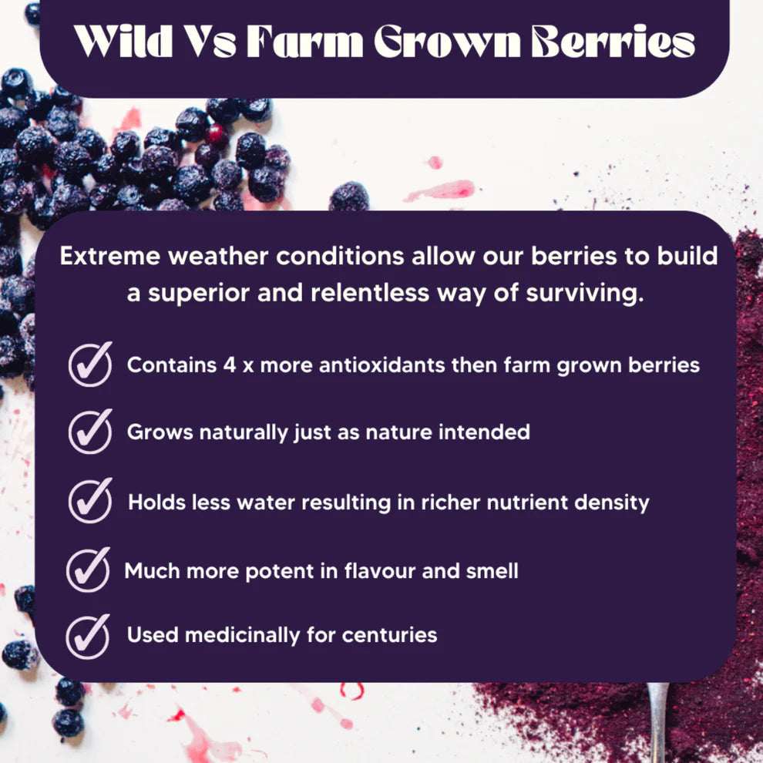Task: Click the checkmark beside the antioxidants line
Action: [90, 364]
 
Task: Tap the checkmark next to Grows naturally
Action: [90, 432]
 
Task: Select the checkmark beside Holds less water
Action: [90, 501]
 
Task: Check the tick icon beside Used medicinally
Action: [88, 636]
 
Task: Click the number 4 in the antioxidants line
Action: [229, 365]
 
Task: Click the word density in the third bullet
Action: [612, 503]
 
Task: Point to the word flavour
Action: [361, 571]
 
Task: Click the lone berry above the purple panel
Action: [349, 196]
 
